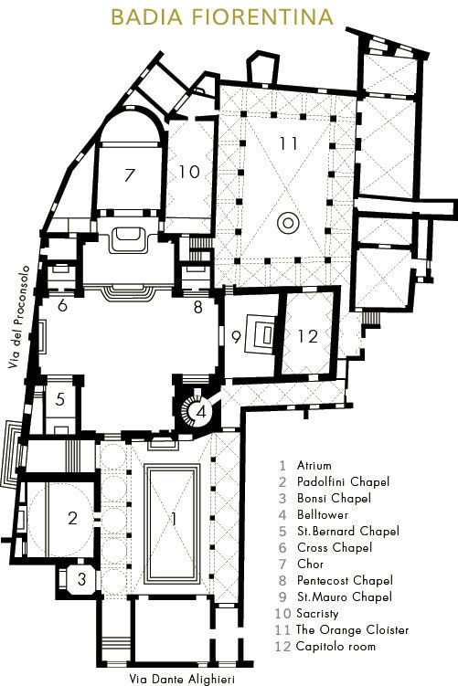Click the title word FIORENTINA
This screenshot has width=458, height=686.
coord(262,17)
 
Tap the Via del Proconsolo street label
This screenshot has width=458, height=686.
coord(19,317)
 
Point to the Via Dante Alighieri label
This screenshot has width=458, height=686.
coord(182,679)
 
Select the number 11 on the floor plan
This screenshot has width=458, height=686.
coord(289,143)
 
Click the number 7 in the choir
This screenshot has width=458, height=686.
coord(129,175)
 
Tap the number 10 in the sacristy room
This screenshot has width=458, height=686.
coord(189,172)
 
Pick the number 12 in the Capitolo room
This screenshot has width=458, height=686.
coord(307,336)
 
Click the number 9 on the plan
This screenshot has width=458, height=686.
coord(236,337)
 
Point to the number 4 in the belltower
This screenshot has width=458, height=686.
coord(201,412)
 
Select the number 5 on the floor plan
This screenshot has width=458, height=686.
coord(60,399)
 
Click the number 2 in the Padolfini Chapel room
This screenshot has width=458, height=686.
coord(73,518)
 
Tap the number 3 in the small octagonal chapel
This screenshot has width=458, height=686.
coord(82,579)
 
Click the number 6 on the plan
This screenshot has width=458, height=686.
coord(62,306)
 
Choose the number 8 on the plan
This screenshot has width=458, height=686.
coord(197,307)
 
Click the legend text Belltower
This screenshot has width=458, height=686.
coord(323,514)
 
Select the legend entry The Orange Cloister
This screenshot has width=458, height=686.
coord(352,630)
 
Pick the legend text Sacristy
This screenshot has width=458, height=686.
coord(317,614)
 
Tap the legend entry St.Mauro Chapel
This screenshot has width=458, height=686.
coord(344,596)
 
